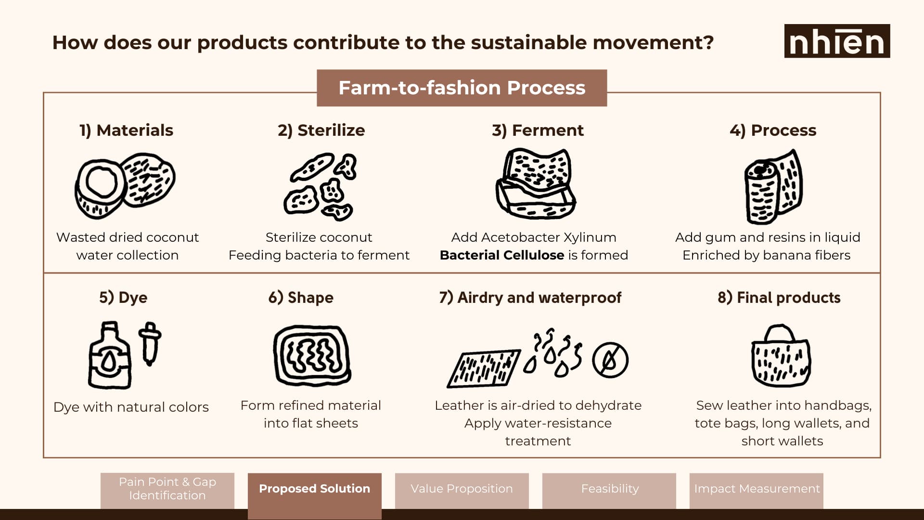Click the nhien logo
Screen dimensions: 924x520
pos(837,41)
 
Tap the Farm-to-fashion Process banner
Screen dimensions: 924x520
pos(462,88)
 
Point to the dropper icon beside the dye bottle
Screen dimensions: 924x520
pos(150,344)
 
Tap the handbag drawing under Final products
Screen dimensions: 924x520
pos(781,356)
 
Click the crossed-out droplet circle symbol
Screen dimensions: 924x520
pos(610,360)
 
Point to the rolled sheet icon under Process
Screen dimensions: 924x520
pos(773,187)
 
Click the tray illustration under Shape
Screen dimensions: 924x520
pos(312,356)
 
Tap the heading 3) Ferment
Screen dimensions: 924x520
pos(538,130)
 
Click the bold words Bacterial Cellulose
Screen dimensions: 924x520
pos(502,255)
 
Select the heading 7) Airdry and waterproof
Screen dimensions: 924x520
pos(530,298)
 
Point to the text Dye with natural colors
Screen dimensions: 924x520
pos(131,407)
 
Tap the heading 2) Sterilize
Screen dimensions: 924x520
pos(321,130)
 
